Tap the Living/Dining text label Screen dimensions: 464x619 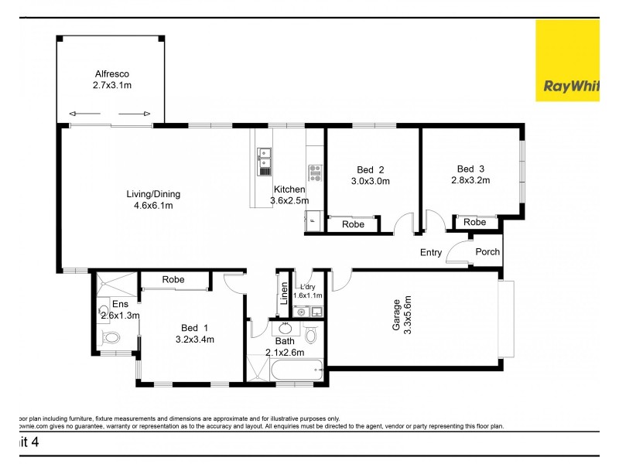click(x=154, y=194)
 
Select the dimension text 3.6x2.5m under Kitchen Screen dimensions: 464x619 click(x=289, y=201)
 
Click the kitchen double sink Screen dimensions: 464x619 click(x=264, y=159)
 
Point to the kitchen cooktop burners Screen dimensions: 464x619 click(x=315, y=172)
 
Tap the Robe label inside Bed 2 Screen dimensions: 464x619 click(x=354, y=224)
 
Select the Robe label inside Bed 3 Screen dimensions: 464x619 click(x=475, y=222)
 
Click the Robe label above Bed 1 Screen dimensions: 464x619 click(x=173, y=279)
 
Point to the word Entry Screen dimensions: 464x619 click(x=431, y=252)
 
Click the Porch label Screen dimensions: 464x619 click(x=487, y=251)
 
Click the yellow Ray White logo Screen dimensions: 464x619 click(x=567, y=60)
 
